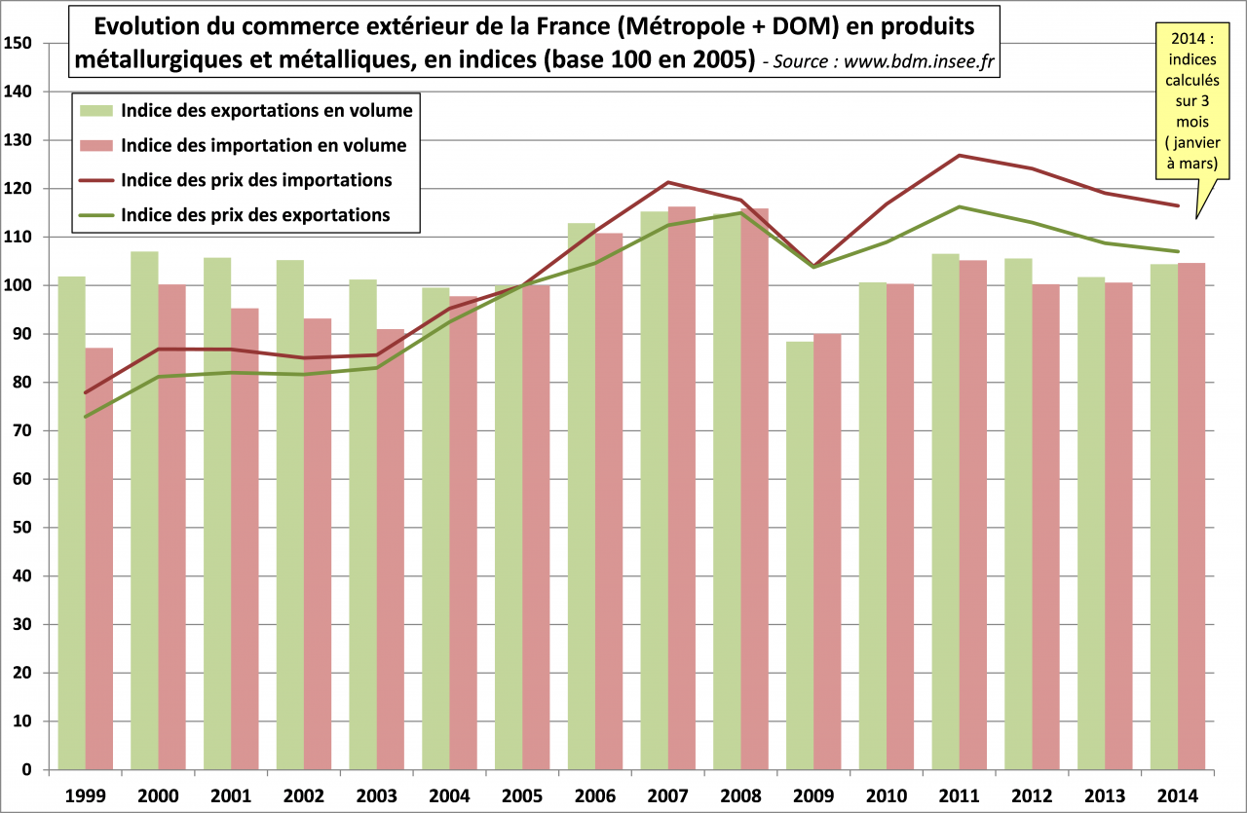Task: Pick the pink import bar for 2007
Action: point(682,487)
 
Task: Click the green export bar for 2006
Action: point(582,497)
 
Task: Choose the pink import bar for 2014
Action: point(1191,516)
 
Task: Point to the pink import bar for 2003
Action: point(391,549)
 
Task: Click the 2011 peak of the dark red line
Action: point(960,155)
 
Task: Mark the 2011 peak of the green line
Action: point(960,206)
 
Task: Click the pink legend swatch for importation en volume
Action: point(96,146)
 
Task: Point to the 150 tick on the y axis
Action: point(19,43)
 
